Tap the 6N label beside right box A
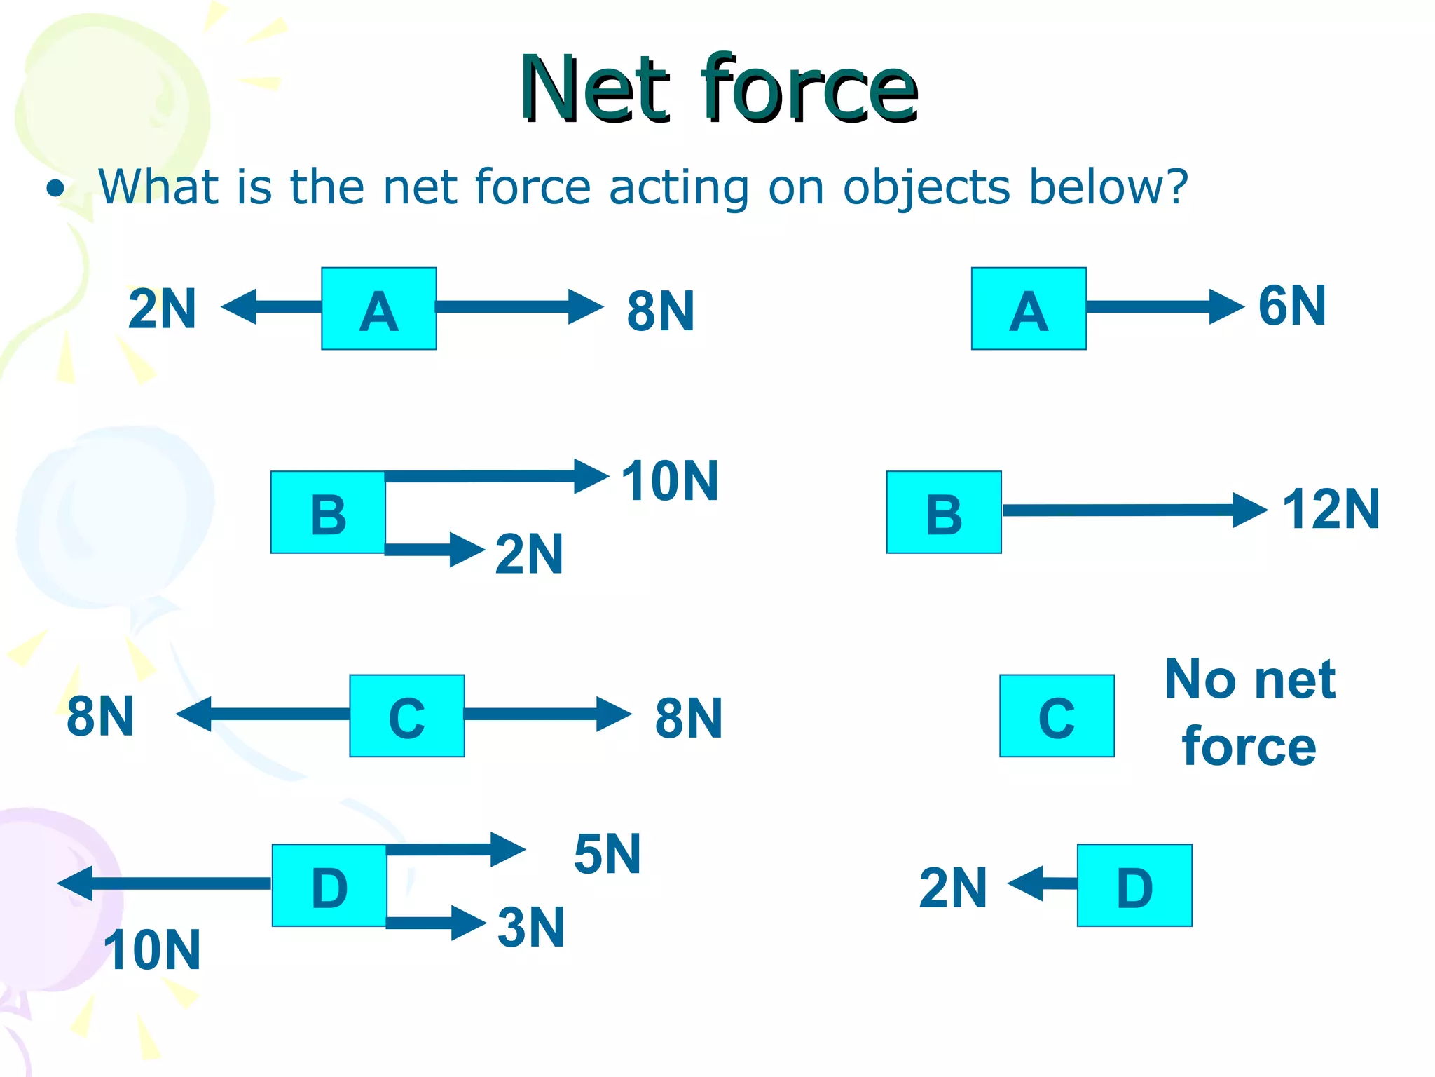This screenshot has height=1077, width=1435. click(1291, 306)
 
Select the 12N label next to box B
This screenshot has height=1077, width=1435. click(1330, 510)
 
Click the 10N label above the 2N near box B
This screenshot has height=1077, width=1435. click(670, 481)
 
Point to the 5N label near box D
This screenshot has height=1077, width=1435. click(607, 855)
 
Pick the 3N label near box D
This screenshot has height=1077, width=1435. click(530, 928)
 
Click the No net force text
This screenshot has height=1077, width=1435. click(1249, 712)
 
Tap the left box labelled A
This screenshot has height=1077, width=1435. click(378, 309)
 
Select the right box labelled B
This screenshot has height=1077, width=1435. click(943, 513)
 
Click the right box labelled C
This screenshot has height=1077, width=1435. click(1056, 716)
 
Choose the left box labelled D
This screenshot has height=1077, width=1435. click(329, 886)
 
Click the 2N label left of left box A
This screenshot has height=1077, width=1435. click(162, 309)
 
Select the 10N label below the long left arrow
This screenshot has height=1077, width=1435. click(152, 950)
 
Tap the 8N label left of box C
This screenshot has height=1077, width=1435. click(100, 717)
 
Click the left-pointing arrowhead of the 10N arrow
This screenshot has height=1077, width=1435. click(76, 883)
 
